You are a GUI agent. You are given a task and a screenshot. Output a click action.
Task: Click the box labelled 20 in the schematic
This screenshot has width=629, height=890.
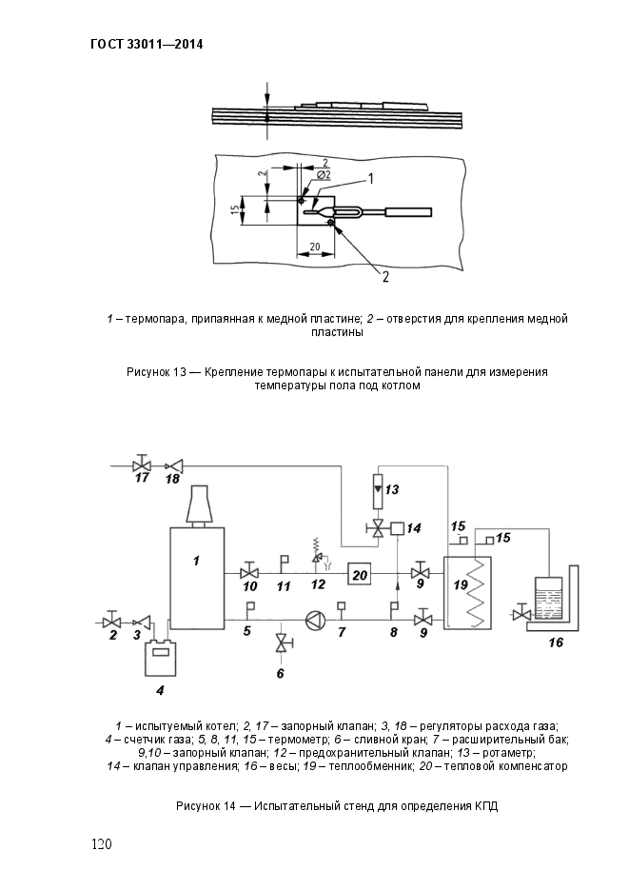360,574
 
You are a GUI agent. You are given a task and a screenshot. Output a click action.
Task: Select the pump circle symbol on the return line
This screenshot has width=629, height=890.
314,620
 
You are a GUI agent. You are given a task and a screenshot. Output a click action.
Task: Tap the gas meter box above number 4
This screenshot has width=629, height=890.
161,658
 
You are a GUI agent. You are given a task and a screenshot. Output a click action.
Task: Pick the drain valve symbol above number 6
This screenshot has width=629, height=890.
281,643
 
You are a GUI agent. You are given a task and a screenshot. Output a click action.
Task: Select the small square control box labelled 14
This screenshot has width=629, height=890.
398,528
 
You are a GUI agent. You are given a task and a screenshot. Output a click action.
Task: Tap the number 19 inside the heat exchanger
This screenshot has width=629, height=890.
461,583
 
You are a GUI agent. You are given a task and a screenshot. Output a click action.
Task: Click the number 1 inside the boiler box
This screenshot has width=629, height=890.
196,561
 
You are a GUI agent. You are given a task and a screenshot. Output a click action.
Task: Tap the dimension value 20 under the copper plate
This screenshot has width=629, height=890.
316,247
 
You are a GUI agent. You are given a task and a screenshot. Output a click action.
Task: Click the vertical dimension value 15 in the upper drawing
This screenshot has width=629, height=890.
234,210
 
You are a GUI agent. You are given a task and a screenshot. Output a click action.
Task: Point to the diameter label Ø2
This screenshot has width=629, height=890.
324,175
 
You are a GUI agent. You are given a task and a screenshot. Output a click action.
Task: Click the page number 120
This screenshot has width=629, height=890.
102,844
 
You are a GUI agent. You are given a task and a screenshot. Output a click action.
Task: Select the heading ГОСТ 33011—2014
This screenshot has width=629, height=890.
147,44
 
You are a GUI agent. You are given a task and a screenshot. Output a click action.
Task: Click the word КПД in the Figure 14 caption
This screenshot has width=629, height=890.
486,806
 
